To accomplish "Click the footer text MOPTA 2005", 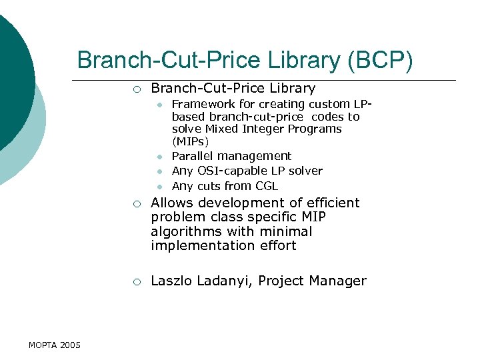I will coord(55,345).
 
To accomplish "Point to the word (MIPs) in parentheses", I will coord(190,141).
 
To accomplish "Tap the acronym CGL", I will coord(265,186).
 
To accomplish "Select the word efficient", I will coord(329,203).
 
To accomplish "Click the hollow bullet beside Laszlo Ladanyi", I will coord(136,281).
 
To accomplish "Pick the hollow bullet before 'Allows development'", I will coord(136,203).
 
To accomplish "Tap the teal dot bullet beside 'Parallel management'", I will coord(160,157).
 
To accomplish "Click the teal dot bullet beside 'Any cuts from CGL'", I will coord(160,187).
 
